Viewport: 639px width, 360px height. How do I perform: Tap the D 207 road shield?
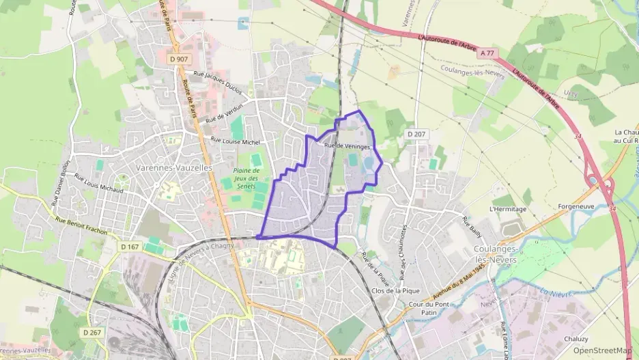coord(415,134)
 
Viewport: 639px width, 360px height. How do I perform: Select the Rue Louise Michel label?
coord(236,140)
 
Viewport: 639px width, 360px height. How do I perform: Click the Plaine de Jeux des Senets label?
coord(248,178)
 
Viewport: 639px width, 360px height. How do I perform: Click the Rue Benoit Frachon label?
coord(81,226)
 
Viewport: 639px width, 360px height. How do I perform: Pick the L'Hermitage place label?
coord(508,208)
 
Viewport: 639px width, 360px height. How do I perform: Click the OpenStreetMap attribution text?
coord(603,350)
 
